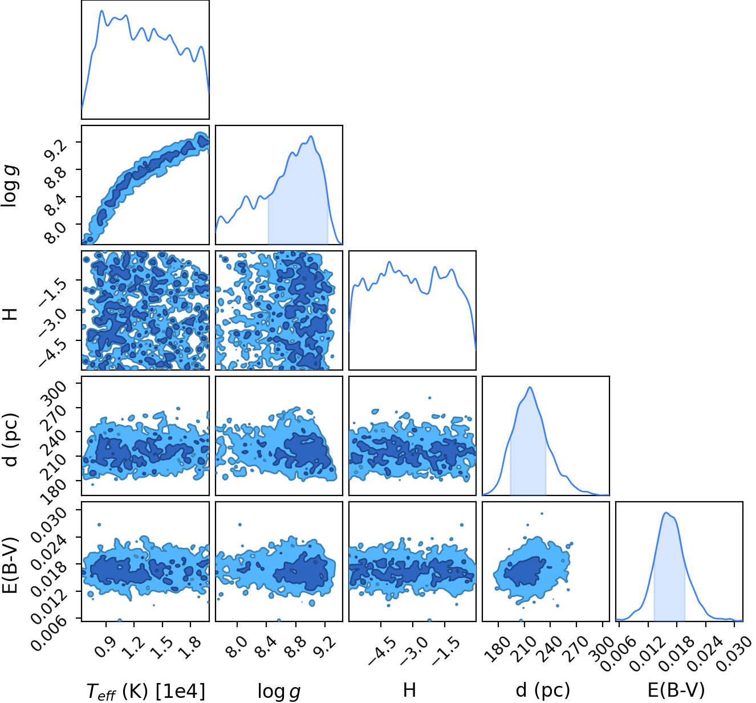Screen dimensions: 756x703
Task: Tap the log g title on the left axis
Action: [10, 186]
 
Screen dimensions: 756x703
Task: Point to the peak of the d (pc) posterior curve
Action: [530, 387]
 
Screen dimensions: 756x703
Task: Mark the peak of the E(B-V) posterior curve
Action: [666, 513]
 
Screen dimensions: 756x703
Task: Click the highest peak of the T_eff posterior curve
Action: [101, 11]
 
